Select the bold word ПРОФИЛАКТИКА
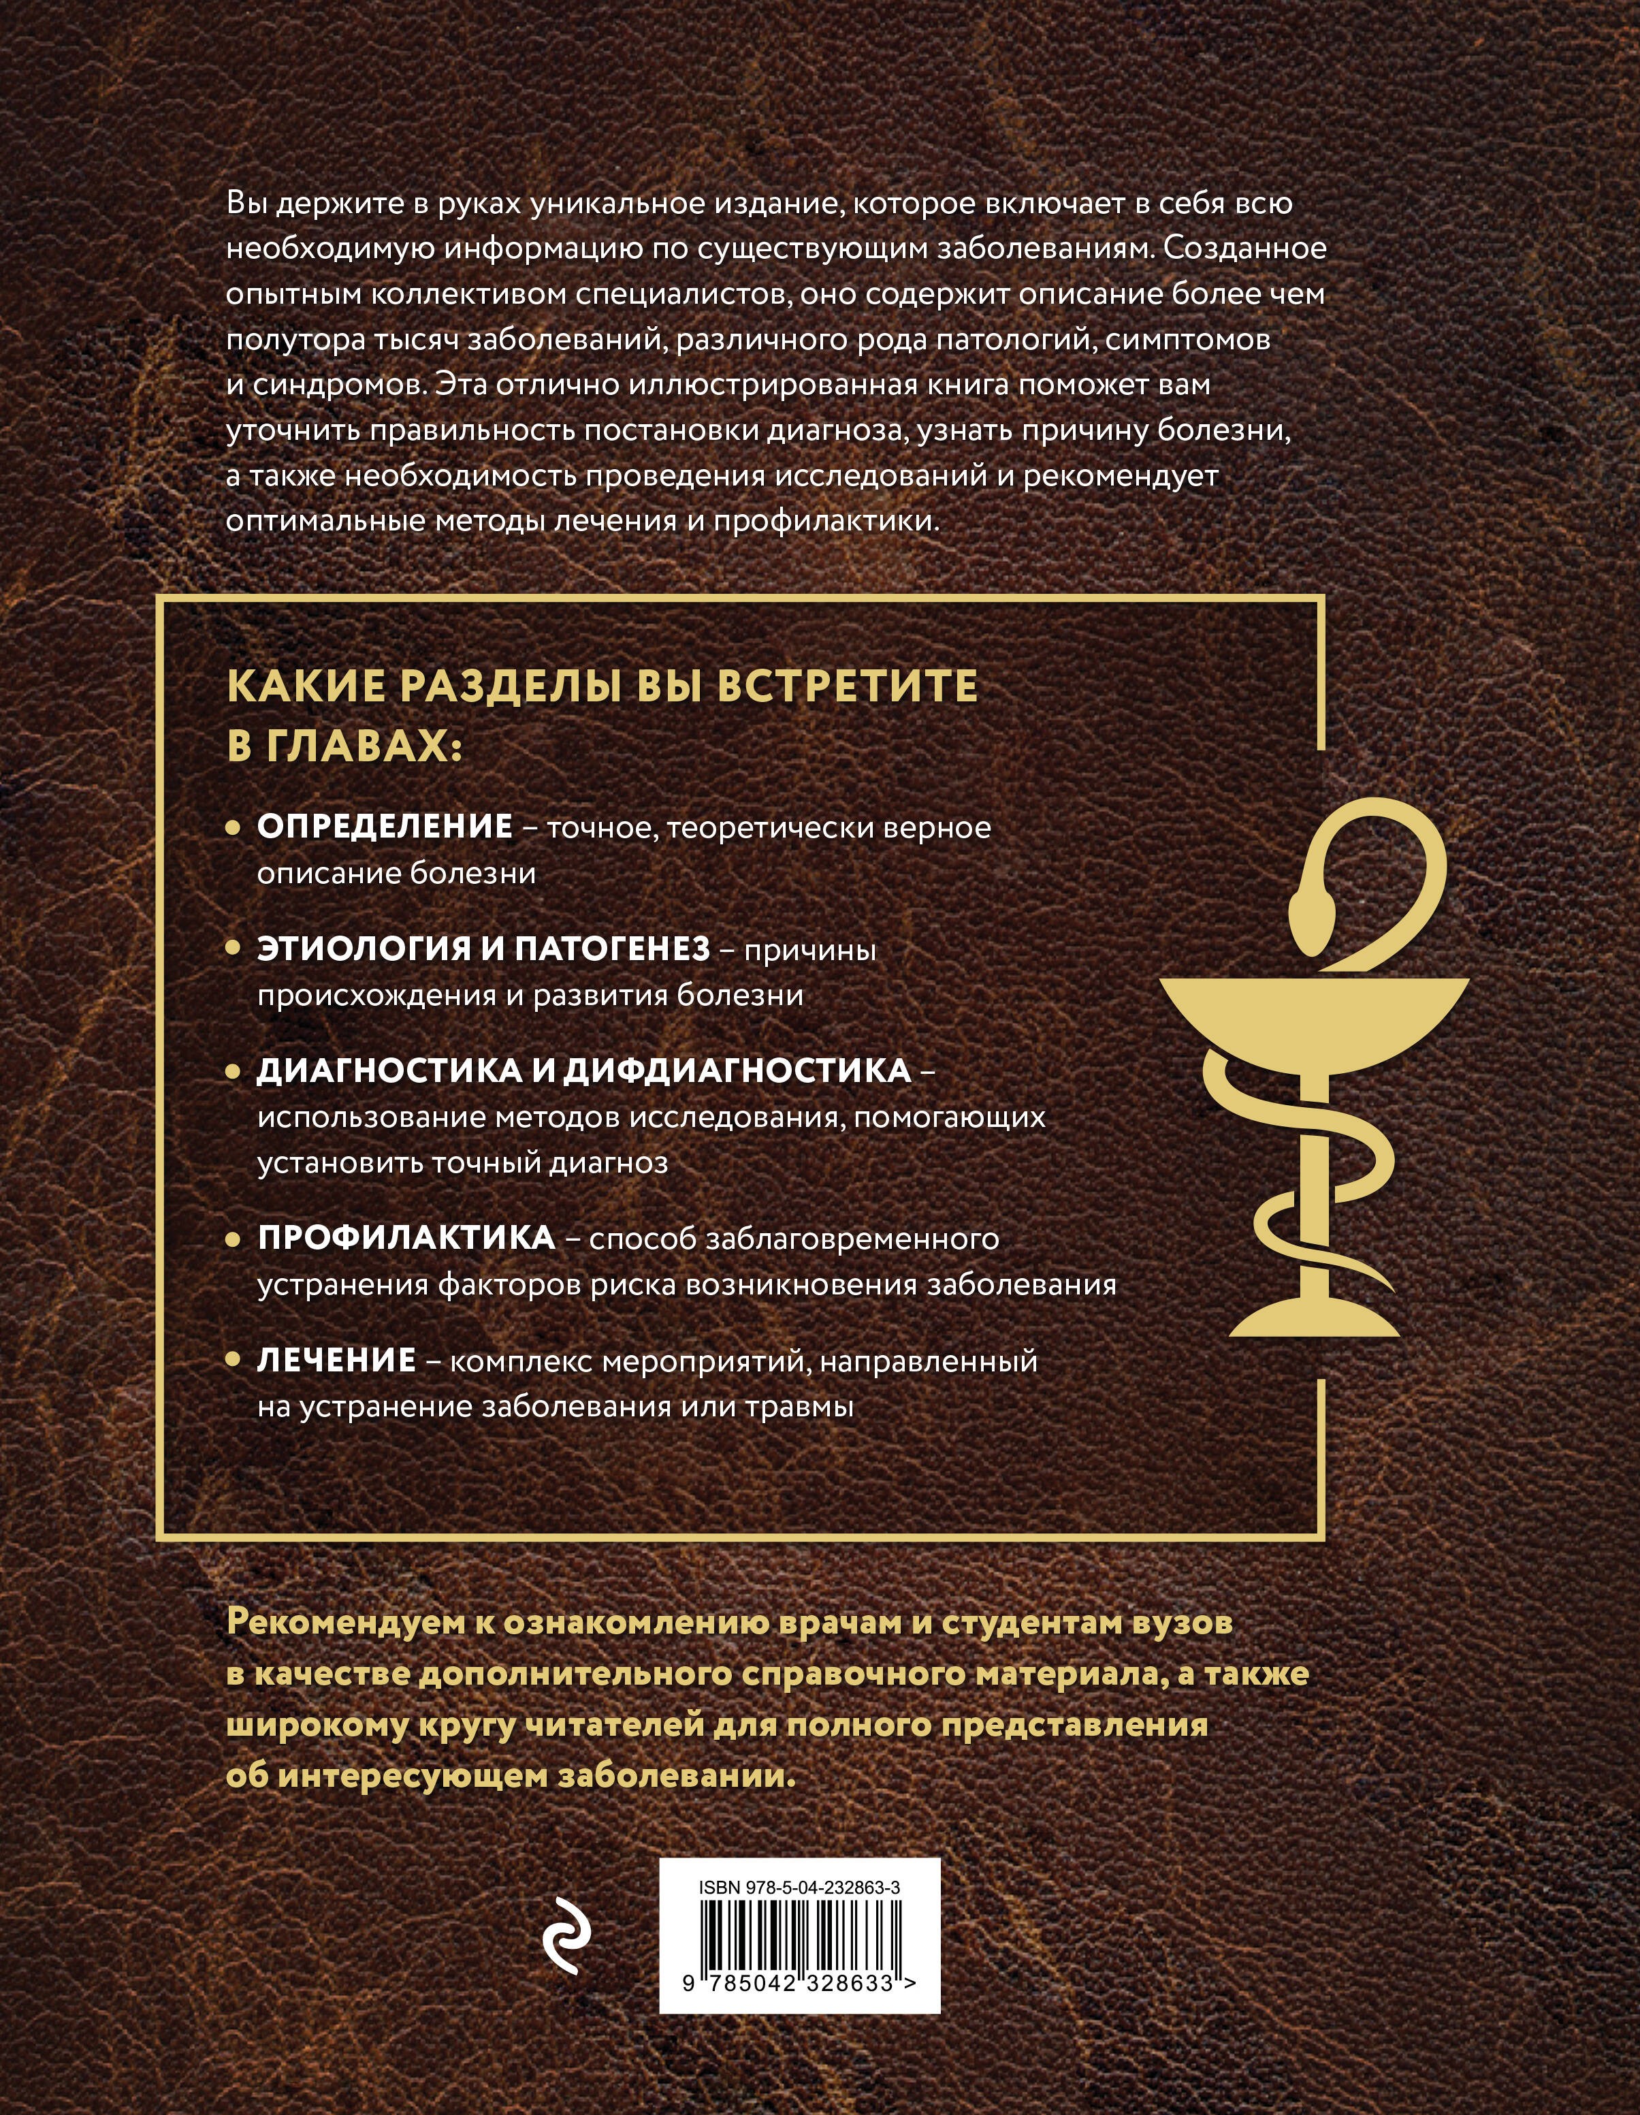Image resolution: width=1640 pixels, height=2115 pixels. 406,1238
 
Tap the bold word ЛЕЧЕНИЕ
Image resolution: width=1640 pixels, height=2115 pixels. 336,1361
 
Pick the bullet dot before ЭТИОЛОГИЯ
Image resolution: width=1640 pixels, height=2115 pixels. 232,950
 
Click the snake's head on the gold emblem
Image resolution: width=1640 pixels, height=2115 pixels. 1314,908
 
